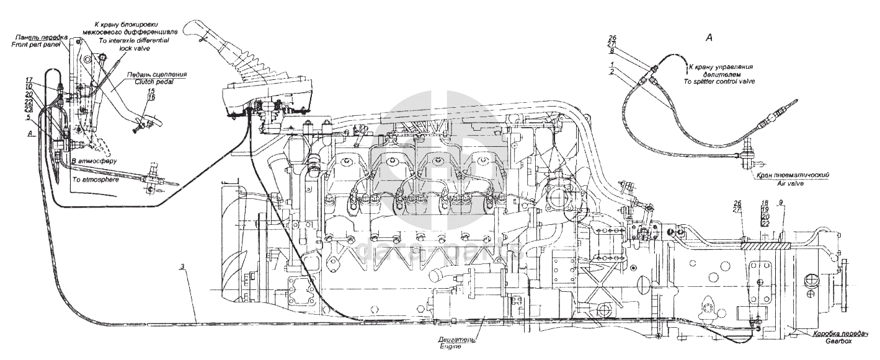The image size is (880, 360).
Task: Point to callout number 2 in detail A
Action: pos(612,72)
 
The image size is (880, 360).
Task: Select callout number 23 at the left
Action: pos(29,109)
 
